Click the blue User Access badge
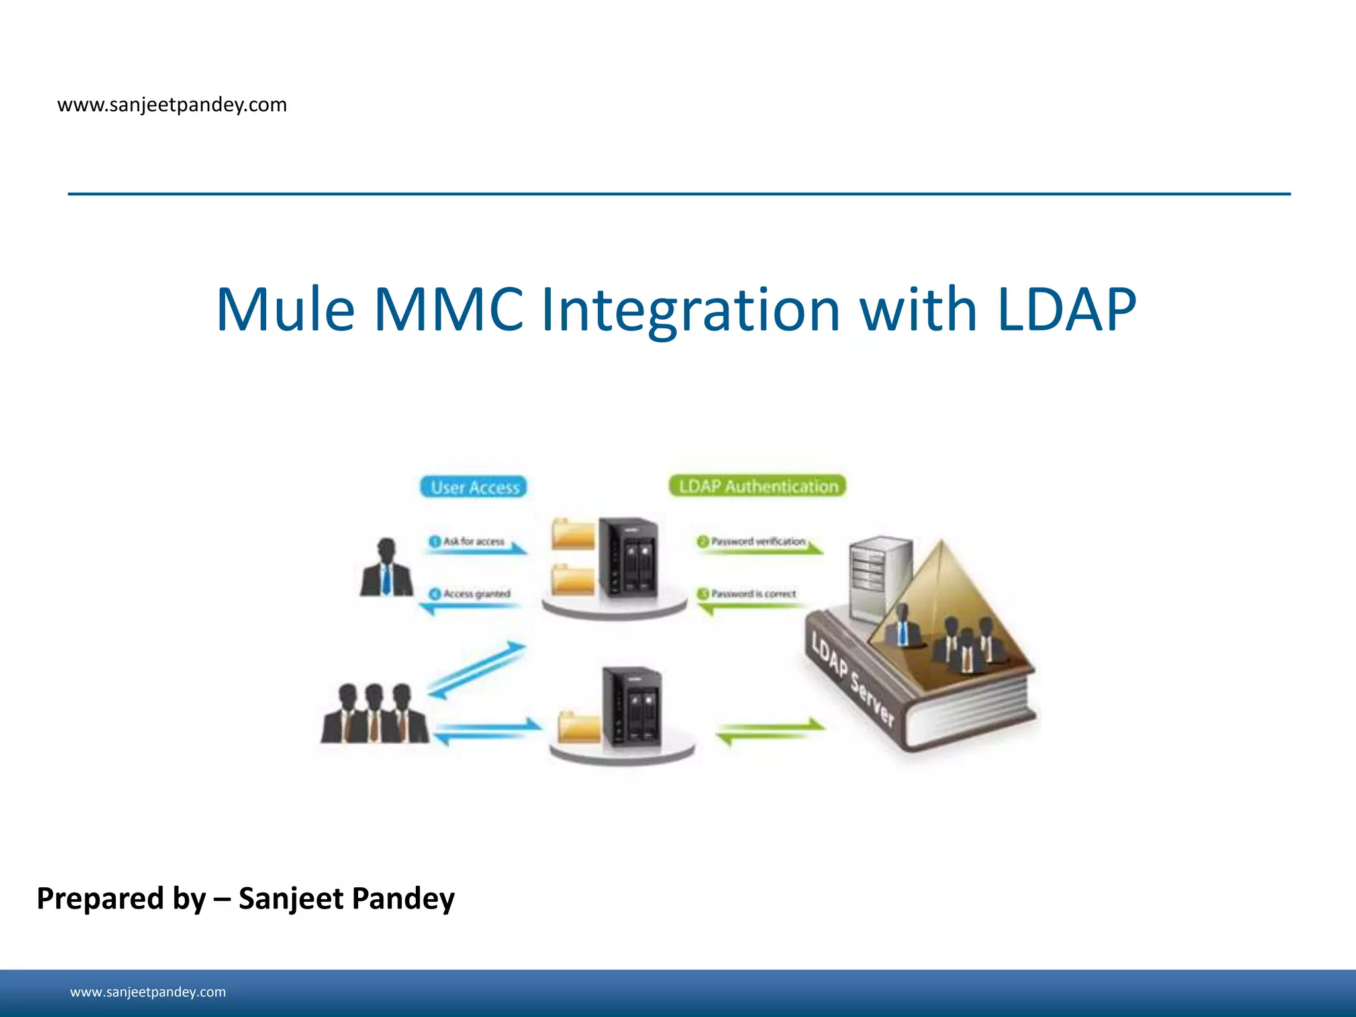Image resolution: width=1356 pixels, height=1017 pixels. [474, 487]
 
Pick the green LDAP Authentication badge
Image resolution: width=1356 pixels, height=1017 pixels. [758, 486]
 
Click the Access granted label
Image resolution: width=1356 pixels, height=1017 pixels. [476, 594]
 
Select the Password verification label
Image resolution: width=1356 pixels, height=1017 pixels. [757, 542]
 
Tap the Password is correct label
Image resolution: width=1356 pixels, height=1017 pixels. [753, 594]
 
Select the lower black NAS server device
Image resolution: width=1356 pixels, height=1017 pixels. [632, 705]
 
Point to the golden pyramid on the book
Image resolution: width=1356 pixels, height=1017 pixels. [947, 609]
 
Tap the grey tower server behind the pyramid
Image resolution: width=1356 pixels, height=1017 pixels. [873, 576]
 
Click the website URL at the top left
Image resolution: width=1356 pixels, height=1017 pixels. [172, 105]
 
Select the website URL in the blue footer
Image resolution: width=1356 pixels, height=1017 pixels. [148, 992]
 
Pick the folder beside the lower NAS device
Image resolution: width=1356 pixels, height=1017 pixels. [579, 727]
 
